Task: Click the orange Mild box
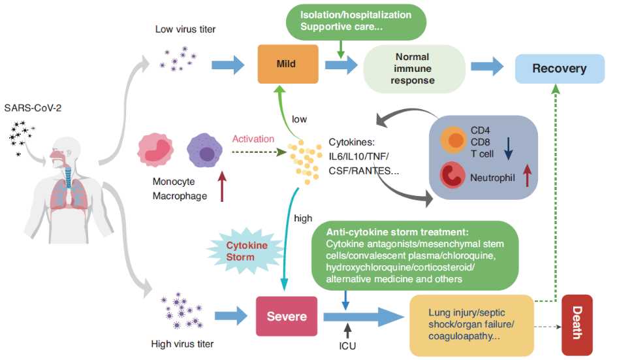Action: pos(287,63)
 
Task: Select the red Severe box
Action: pos(287,316)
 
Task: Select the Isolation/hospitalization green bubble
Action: pos(356,21)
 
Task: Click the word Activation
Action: pos(253,139)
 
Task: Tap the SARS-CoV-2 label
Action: pos(34,107)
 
